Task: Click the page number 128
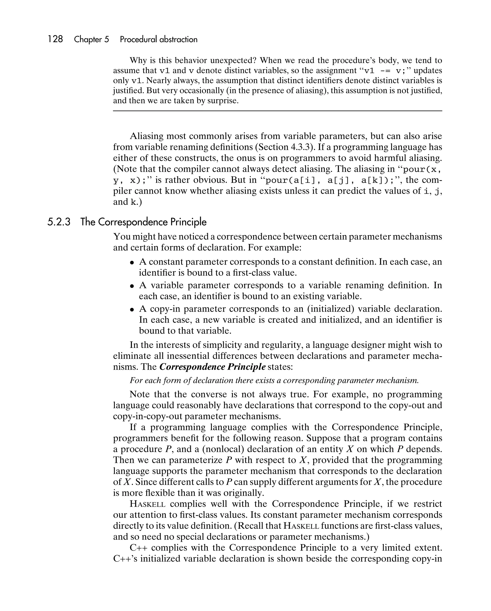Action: [55, 39]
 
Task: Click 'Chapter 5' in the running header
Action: [91, 39]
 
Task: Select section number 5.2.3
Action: [59, 222]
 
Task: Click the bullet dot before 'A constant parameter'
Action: [132, 263]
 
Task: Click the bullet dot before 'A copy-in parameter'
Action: [132, 310]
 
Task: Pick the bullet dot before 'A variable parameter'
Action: [132, 286]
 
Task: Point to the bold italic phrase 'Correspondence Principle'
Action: [212, 367]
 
